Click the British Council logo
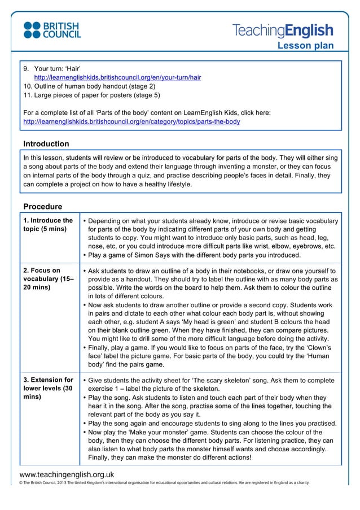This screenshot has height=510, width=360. point(52,30)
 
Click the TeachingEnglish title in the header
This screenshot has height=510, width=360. point(283,30)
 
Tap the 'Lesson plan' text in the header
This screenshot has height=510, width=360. point(305,46)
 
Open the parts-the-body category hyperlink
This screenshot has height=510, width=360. point(131,121)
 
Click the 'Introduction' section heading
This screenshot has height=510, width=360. point(46,144)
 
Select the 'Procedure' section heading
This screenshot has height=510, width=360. point(43,207)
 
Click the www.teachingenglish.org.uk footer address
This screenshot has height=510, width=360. point(67,475)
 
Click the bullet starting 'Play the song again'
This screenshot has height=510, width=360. point(212,424)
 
